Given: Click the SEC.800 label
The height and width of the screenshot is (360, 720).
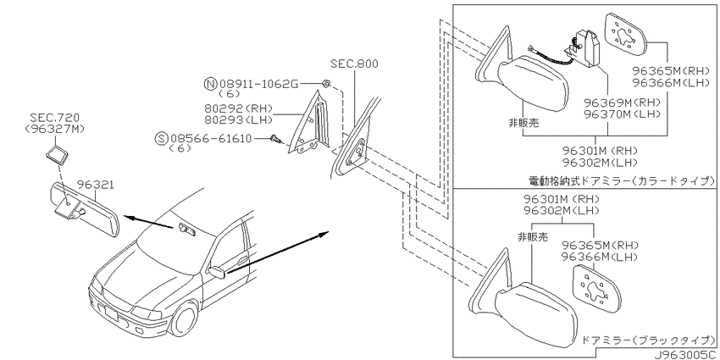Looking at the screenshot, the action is pos(354,64).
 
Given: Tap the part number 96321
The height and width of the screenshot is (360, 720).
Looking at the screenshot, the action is pos(95,185).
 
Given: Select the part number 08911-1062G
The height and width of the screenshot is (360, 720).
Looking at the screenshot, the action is pos(258,84).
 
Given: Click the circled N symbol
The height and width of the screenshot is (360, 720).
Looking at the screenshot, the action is pos(210,84).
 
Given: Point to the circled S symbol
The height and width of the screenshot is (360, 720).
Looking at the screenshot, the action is pos(161,138).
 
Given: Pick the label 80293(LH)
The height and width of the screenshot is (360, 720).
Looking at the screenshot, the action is pos(238,119).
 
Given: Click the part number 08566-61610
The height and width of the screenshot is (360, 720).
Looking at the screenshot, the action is pos(211,138).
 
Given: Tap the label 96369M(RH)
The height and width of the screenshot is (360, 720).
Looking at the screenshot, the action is pos(622,102).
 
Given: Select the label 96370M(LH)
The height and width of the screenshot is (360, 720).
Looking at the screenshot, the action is pos(622,114).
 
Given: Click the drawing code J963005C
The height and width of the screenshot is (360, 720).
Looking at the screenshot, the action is pos(686,355).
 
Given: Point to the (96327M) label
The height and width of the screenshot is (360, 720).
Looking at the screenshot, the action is pos(55,129).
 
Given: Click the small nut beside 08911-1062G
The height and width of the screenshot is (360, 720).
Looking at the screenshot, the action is pos(326,84).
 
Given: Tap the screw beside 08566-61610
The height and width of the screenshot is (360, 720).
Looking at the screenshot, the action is pos(274,138).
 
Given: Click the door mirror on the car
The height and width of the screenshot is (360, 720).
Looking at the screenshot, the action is pos(216,271).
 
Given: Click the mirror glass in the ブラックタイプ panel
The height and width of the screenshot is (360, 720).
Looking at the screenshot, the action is pos(597,287).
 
